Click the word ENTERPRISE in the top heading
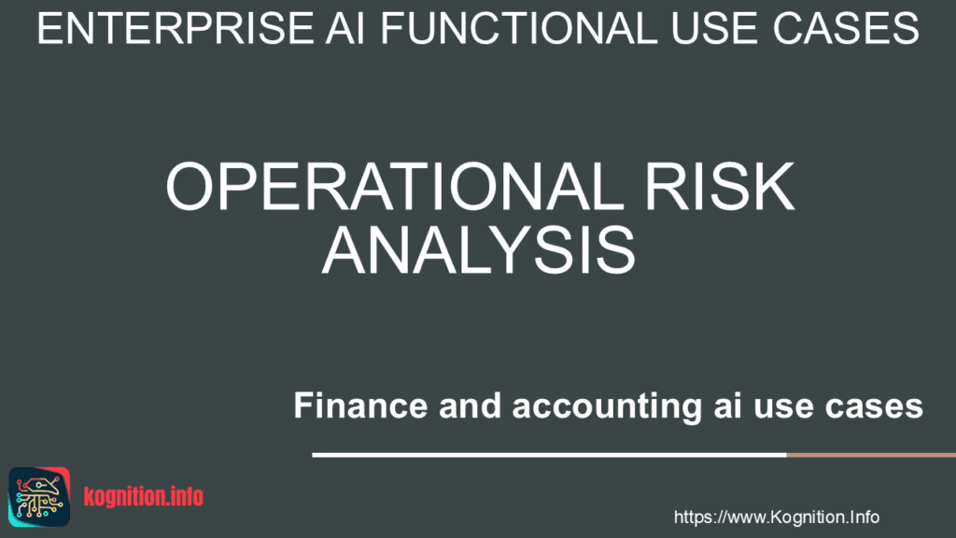pyautogui.click(x=176, y=29)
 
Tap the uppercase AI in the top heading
pyautogui.click(x=344, y=29)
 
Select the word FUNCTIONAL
pyautogui.click(x=519, y=29)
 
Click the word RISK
pyautogui.click(x=720, y=187)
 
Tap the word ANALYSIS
pyautogui.click(x=479, y=250)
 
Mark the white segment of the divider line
pyautogui.click(x=549, y=455)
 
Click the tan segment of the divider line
pyautogui.click(x=871, y=455)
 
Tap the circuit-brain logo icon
pyautogui.click(x=39, y=497)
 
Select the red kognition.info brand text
pyautogui.click(x=143, y=497)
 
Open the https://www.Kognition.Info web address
pyautogui.click(x=776, y=517)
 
